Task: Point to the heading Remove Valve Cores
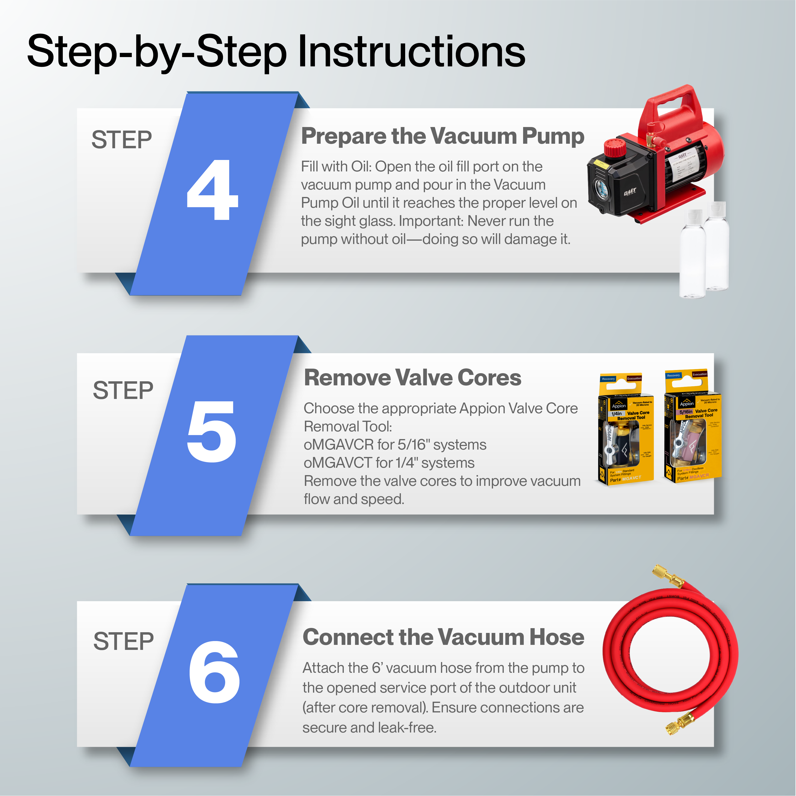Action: [x=412, y=377]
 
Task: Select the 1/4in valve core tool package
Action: [x=626, y=429]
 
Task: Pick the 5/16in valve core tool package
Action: [x=693, y=426]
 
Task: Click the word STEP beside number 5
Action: [x=123, y=390]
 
